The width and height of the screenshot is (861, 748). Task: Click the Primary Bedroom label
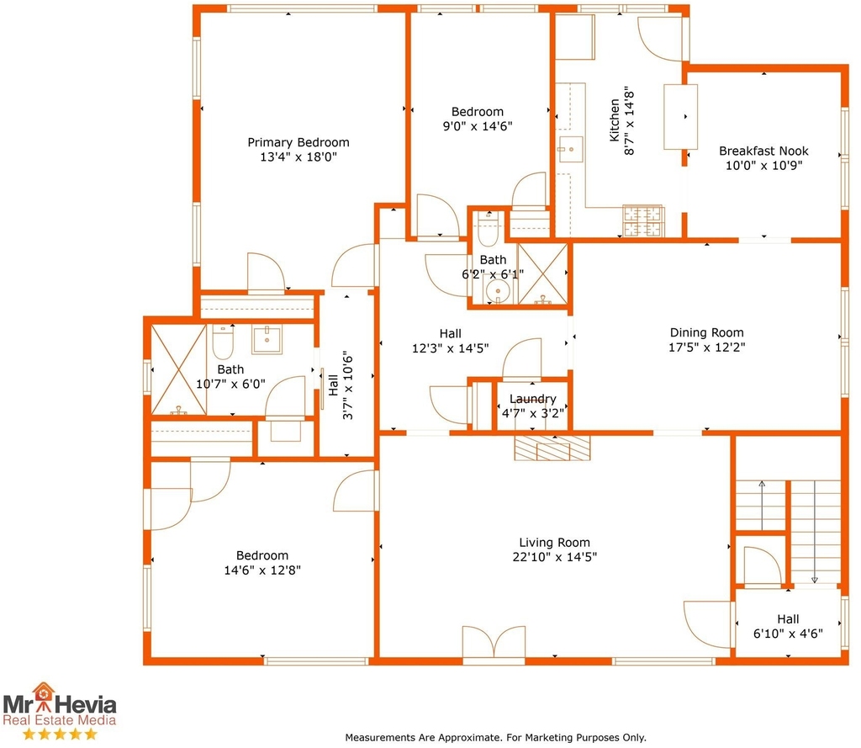[298, 142]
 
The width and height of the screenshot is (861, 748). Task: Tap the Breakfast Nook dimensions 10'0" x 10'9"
[763, 166]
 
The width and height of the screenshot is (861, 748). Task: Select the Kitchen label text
[615, 120]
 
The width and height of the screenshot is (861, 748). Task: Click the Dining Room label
[706, 332]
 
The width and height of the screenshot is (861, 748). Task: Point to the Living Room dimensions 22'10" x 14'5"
[555, 557]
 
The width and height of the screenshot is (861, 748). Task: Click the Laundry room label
[532, 399]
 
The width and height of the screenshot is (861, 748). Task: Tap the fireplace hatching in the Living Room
[552, 448]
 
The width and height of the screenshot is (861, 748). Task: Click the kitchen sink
[570, 150]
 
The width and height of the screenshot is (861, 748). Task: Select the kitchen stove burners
[643, 221]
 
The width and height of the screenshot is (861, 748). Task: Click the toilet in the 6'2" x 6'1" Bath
[488, 230]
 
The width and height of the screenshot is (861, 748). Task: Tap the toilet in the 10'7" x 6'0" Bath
[223, 342]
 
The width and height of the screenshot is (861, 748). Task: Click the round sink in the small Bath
[498, 290]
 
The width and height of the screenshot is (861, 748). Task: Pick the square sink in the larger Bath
[267, 339]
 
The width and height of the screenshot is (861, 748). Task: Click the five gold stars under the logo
[60, 734]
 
